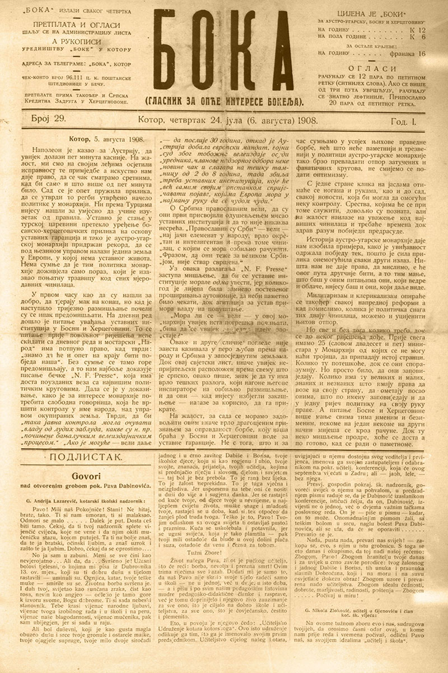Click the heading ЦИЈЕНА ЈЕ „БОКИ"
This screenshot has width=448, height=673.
click(x=371, y=13)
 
